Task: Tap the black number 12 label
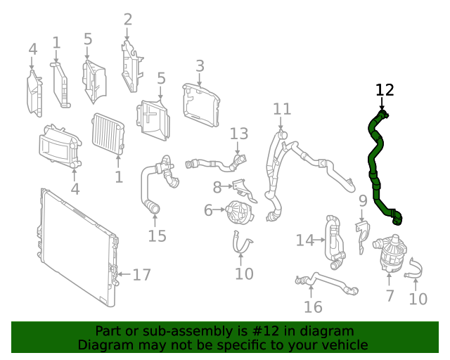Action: (x=385, y=90)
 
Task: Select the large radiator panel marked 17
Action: (x=74, y=246)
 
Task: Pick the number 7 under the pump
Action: (x=390, y=296)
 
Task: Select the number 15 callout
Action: (x=157, y=235)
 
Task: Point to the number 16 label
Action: (x=313, y=307)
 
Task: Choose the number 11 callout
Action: (x=282, y=109)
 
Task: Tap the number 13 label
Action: (x=239, y=134)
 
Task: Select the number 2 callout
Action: (x=127, y=19)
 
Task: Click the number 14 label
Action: (x=304, y=240)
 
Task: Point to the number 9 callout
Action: (x=363, y=202)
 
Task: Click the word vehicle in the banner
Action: (x=343, y=345)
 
